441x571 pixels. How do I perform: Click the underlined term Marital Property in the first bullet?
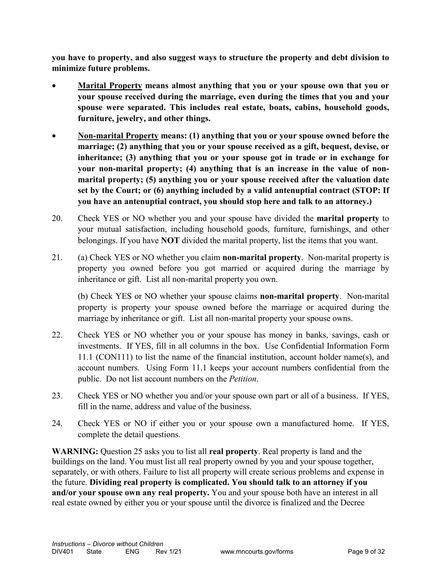(x=110, y=86)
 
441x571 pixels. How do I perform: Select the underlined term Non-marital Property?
(x=118, y=136)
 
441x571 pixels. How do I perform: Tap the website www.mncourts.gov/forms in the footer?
(x=257, y=552)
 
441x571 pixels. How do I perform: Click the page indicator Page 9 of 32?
(x=366, y=552)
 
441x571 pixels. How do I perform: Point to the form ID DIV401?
(x=63, y=552)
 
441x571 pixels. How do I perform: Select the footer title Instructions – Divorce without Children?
(x=107, y=544)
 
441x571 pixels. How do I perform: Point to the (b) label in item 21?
(x=83, y=296)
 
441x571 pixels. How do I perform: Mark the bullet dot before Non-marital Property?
(x=55, y=137)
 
